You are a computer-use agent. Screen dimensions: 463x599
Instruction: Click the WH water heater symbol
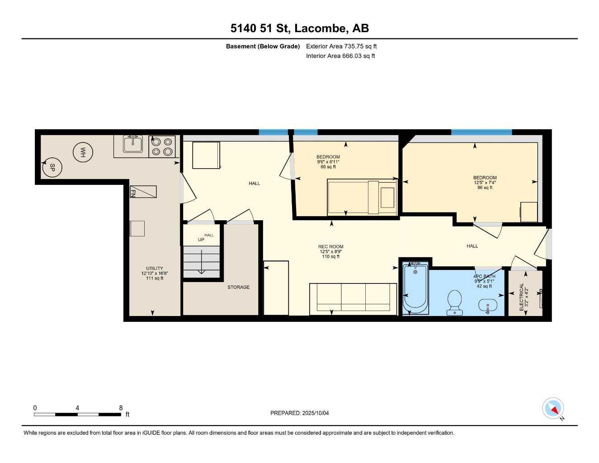click(83, 153)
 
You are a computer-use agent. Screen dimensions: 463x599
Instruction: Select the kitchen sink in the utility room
click(133, 144)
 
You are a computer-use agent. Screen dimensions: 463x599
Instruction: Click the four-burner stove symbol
click(162, 146)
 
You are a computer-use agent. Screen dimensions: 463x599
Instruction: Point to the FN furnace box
click(143, 192)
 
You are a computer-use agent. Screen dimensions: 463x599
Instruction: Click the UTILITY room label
click(155, 269)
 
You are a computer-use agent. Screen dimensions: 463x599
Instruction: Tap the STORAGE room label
click(238, 287)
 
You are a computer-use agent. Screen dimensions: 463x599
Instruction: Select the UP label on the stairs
click(201, 240)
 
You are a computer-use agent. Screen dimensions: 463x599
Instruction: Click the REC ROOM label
click(330, 247)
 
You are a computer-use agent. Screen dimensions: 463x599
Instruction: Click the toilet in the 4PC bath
click(454, 302)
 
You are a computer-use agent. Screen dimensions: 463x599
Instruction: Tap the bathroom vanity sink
click(488, 307)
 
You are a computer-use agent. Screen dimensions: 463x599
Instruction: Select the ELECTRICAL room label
click(522, 297)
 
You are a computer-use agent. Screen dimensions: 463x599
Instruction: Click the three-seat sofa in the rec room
click(353, 297)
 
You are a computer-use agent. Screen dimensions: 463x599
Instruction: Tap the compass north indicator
click(553, 409)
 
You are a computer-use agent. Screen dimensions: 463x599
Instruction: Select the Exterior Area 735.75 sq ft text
click(341, 46)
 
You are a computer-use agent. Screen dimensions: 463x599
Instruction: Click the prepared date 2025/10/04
click(300, 413)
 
